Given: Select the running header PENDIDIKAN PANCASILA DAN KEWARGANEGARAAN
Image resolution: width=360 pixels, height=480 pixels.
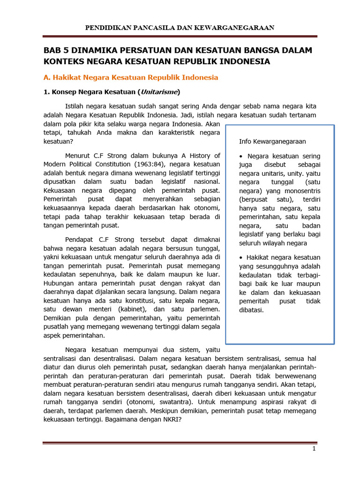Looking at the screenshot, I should coord(180,28).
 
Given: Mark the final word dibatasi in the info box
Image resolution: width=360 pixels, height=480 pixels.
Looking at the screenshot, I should coord(251,310).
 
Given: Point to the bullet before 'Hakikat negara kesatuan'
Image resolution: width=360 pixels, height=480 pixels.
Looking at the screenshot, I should coord(241,257).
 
